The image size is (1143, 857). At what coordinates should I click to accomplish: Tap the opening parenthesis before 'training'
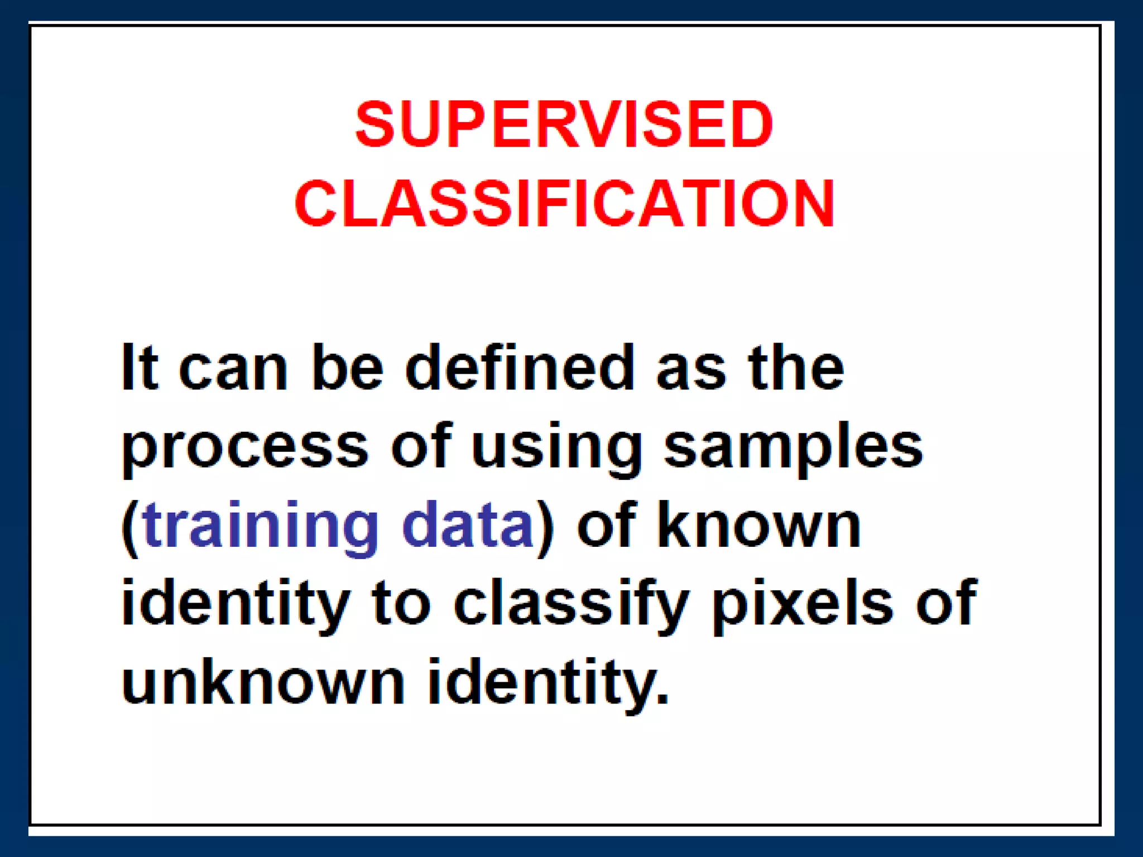[129, 527]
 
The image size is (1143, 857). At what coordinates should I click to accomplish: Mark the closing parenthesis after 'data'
[545, 527]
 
